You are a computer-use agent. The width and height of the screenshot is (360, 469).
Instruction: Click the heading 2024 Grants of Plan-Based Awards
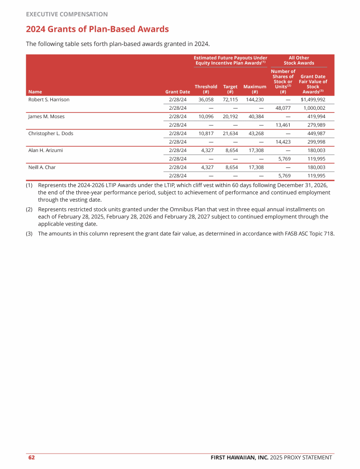point(97,30)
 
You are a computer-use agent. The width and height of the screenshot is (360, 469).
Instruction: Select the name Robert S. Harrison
point(49,100)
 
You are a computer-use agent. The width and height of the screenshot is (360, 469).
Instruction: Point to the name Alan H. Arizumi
point(45,151)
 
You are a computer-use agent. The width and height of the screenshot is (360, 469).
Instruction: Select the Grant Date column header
point(178,92)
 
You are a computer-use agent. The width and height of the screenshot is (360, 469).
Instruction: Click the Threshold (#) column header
point(206,89)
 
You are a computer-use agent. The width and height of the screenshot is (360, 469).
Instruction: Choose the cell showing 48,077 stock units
point(283,108)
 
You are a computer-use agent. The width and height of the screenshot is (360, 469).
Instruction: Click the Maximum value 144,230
point(255,100)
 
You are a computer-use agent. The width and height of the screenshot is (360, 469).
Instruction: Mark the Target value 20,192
point(230,117)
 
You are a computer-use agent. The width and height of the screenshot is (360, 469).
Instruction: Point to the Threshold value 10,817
point(206,134)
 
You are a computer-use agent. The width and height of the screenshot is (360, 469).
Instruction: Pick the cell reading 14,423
point(283,142)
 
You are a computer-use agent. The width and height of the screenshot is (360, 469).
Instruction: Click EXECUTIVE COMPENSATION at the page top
point(67,15)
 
